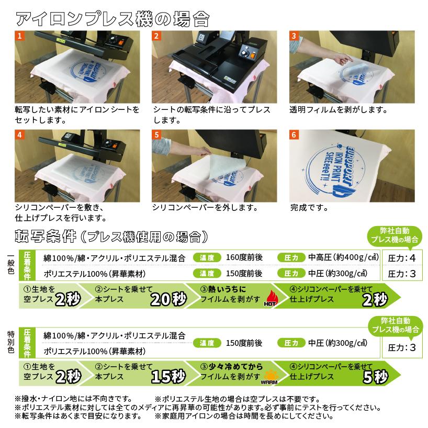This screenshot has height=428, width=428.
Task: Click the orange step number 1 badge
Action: point(19,36)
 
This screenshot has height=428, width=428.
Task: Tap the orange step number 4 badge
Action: point(19,134)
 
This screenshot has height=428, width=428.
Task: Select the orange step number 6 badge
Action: point(294,134)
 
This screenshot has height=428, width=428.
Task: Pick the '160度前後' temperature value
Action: point(244,257)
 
